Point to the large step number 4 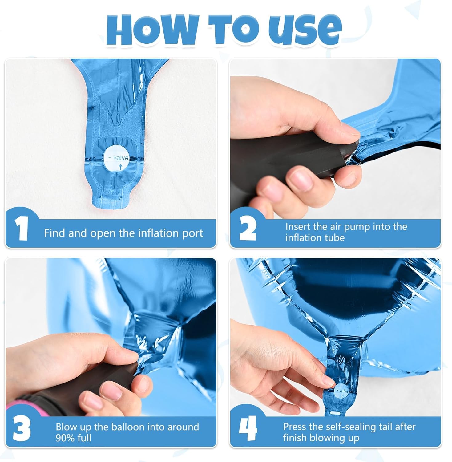click(x=248, y=429)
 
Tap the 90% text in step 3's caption click(x=66, y=438)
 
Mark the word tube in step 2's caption click(x=335, y=238)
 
